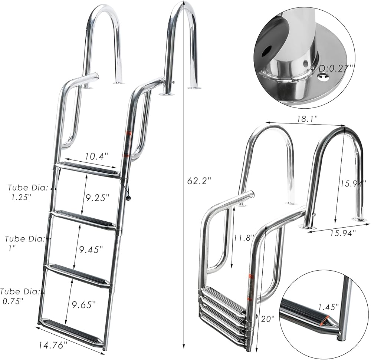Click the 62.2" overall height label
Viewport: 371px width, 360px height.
199,181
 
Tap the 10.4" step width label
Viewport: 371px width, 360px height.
96,156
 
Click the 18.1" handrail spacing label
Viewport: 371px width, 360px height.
308,119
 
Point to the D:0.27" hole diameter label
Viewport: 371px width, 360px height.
335,69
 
